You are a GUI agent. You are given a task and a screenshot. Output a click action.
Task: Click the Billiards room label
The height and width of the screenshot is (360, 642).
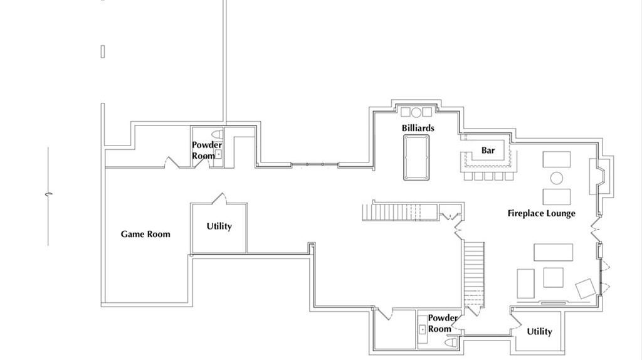[418, 128]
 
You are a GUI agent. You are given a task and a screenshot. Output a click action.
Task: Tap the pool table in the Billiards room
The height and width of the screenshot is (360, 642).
[416, 157]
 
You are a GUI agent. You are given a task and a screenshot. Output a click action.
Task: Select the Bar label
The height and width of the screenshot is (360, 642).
[488, 151]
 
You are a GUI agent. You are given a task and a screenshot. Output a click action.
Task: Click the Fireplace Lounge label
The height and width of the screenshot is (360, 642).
[541, 213]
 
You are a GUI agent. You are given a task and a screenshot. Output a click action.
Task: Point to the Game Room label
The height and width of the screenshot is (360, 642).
[145, 235]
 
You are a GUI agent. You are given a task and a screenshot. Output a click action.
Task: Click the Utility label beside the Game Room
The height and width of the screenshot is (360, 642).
[219, 226]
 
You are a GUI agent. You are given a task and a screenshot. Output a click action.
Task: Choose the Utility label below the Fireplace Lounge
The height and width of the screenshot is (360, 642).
[539, 332]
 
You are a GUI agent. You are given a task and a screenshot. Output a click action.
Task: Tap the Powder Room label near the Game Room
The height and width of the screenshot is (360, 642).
[207, 151]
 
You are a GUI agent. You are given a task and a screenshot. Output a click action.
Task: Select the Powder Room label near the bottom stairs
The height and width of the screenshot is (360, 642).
[443, 324]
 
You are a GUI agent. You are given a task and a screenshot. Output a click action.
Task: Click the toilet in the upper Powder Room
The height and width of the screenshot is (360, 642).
[218, 134]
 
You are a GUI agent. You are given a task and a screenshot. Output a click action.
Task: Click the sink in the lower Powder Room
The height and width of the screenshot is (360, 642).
[423, 329]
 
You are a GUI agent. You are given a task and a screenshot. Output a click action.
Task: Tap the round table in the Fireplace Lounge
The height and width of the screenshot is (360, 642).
[557, 178]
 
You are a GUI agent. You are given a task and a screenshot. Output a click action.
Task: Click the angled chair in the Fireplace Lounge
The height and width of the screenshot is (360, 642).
[585, 289]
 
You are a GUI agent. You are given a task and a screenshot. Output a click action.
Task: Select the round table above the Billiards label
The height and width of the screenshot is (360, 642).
[416, 112]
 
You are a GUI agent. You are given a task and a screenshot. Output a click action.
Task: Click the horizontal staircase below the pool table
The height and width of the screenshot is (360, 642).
[400, 212]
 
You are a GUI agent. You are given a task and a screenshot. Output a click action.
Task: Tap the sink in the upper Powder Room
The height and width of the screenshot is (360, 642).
[218, 154]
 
